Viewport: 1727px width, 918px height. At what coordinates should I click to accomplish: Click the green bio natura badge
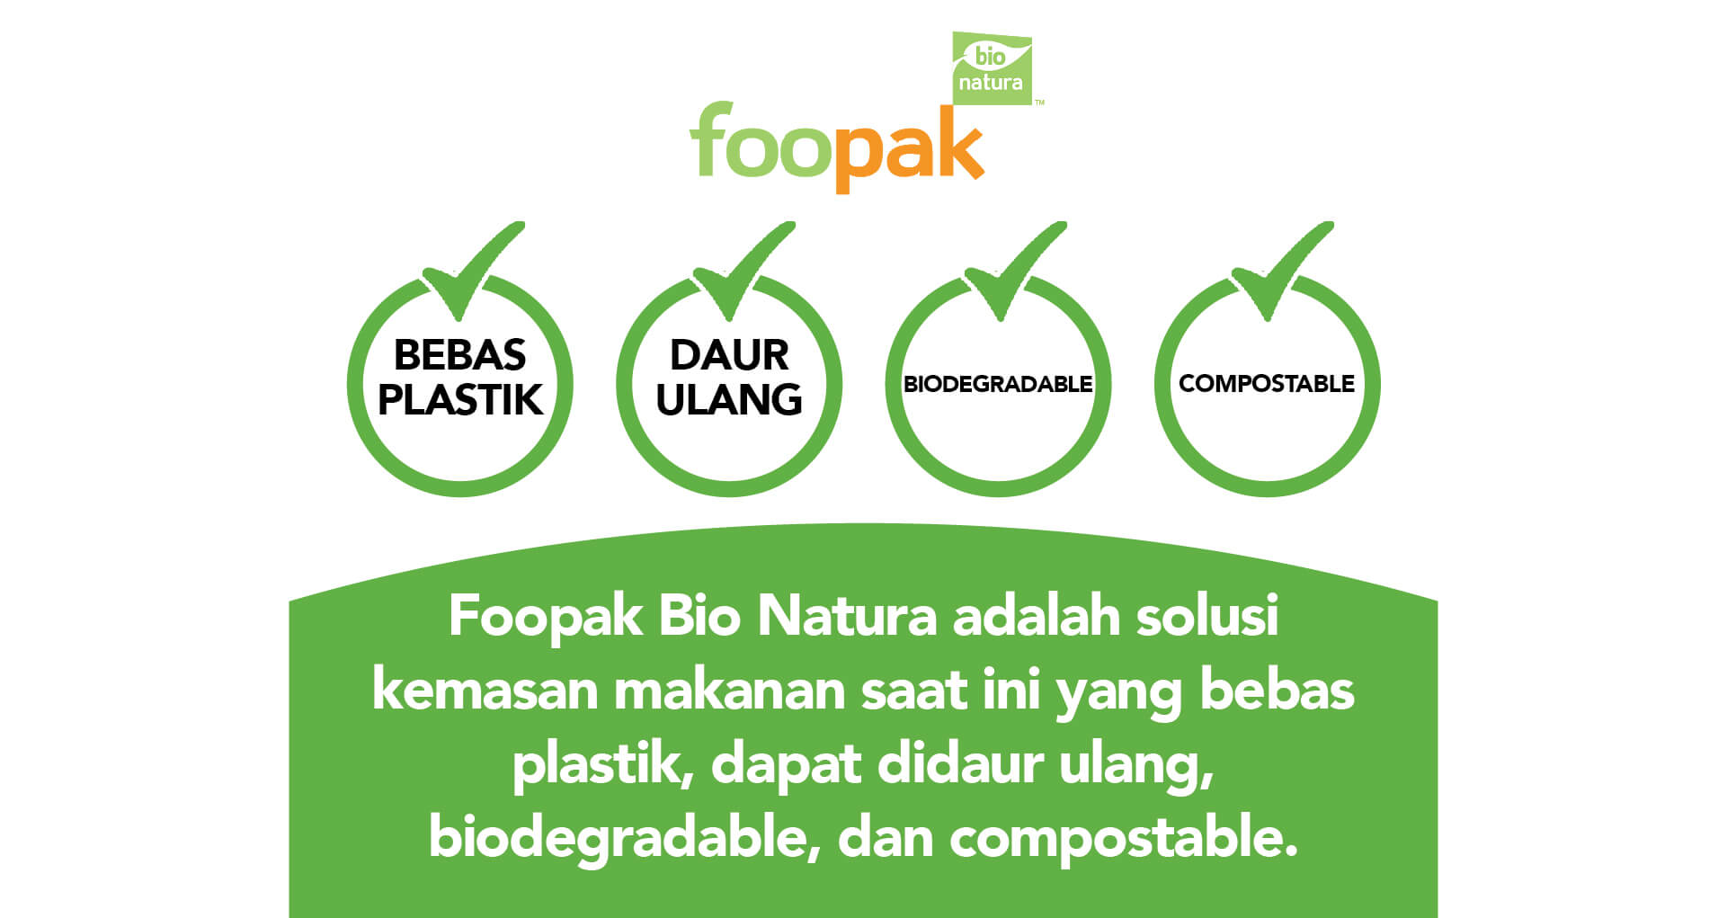[x=992, y=68]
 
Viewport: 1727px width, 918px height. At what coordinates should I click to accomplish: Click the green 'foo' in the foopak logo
[x=761, y=139]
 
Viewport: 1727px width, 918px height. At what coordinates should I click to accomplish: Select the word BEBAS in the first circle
[x=459, y=355]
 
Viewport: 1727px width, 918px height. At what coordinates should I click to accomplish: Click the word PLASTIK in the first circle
[x=460, y=400]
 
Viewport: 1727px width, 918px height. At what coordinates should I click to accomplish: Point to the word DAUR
[x=729, y=355]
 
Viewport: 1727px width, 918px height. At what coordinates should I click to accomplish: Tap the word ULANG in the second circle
[x=729, y=400]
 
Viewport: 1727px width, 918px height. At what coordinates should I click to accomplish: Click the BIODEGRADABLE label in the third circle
[x=998, y=384]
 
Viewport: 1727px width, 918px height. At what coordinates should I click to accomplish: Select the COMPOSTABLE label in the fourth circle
[x=1267, y=384]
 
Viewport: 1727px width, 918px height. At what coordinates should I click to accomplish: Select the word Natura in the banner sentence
[x=847, y=617]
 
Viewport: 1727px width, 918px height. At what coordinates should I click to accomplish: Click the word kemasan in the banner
[x=485, y=691]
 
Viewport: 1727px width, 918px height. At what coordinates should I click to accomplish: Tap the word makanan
[x=729, y=691]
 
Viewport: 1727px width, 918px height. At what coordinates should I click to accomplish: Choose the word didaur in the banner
[x=960, y=764]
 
